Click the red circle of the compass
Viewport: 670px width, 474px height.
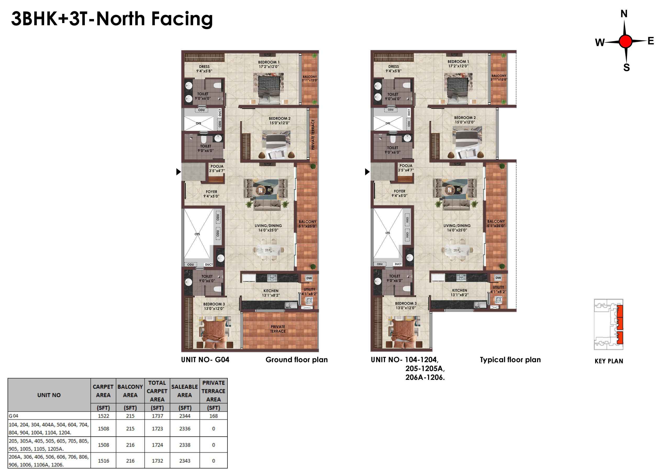[x=625, y=41]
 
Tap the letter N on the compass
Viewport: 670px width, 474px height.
[x=624, y=14]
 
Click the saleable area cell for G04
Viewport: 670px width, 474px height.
[x=185, y=416]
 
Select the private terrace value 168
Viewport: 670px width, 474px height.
[x=213, y=416]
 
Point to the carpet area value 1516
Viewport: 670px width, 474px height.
[x=103, y=461]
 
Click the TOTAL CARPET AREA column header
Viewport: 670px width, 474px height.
[x=157, y=391]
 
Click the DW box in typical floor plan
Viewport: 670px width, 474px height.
[x=498, y=278]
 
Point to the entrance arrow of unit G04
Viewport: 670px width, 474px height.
[x=178, y=172]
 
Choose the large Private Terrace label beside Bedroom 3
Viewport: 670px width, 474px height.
[x=278, y=329]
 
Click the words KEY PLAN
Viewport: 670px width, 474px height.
[x=609, y=361]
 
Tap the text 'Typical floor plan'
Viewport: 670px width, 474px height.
[x=510, y=360]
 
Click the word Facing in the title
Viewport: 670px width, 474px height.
[x=182, y=19]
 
